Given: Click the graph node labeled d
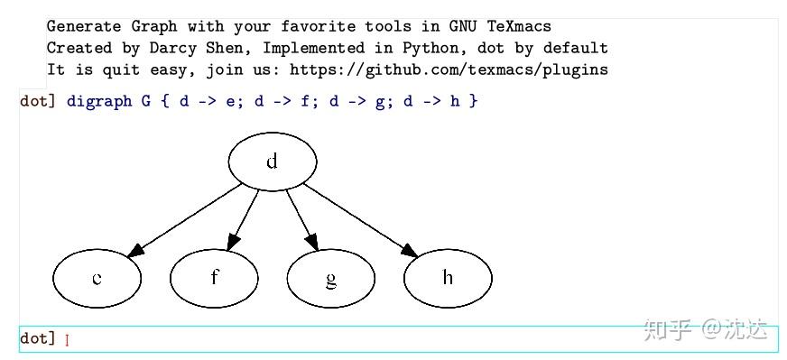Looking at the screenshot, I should tap(273, 162).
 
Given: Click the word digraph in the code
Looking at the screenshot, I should tap(99, 101).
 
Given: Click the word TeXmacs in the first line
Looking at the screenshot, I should tap(519, 26).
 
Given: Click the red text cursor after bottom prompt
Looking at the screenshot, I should tap(68, 340).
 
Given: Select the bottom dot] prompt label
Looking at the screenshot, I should tap(38, 338).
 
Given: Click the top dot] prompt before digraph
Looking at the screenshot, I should tap(38, 101).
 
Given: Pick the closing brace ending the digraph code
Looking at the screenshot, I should tap(474, 101).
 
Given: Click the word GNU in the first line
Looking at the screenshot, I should tap(463, 26).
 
